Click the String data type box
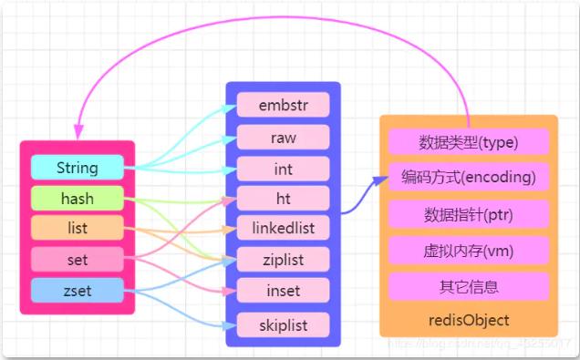coord(77,168)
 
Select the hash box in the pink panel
coord(77,198)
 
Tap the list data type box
coord(77,228)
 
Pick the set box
coord(77,260)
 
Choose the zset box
coord(77,291)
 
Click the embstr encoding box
coord(283,105)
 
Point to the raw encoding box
coord(283,137)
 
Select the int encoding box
coord(283,168)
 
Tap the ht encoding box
coord(283,198)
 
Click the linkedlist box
coord(283,228)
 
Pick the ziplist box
coord(283,260)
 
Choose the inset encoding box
coord(283,291)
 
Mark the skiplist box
coord(283,324)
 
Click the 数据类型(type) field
coord(469,141)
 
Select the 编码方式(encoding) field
coord(469,177)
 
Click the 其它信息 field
coord(469,285)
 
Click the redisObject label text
coord(469,320)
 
